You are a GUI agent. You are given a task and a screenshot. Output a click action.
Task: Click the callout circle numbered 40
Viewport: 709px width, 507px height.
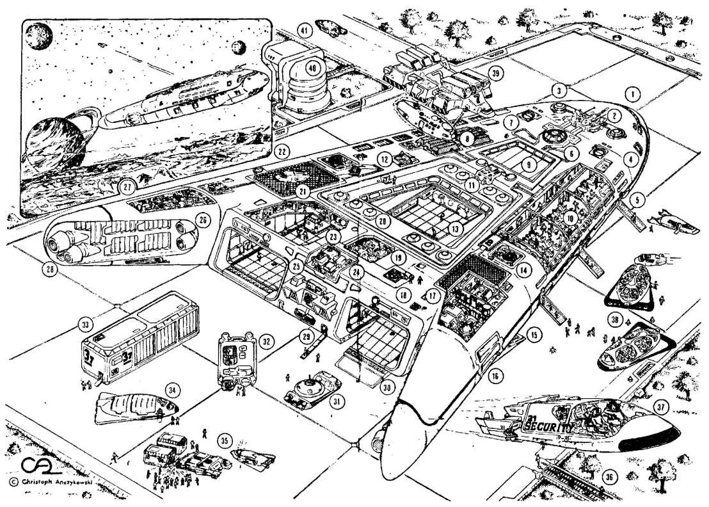tap(312, 68)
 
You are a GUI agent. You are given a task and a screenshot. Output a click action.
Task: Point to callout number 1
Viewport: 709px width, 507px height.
tap(632, 94)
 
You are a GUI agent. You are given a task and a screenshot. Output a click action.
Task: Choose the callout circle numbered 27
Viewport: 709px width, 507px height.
tap(125, 188)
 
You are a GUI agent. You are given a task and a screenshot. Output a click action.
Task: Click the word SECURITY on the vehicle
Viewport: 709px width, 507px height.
tap(550, 423)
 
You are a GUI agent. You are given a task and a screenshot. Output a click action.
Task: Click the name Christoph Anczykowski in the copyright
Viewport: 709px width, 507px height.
tap(51, 481)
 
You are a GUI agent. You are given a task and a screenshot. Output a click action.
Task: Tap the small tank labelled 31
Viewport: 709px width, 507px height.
tap(312, 387)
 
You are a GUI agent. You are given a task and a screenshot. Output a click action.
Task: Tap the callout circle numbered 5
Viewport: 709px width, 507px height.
tap(635, 200)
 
